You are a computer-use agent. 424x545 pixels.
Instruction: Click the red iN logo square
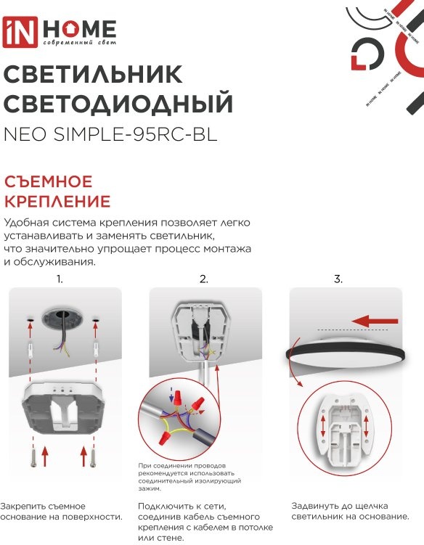click(x=20, y=32)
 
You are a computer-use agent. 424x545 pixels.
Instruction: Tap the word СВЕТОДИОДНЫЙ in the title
click(x=118, y=102)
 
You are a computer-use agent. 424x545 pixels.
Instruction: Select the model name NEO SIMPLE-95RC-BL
click(x=110, y=134)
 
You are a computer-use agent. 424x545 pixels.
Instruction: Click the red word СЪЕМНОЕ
click(x=49, y=181)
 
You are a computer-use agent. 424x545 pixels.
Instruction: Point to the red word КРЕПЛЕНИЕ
click(x=57, y=201)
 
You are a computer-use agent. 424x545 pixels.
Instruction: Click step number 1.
click(x=60, y=279)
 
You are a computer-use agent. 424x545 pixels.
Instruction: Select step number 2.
click(x=204, y=279)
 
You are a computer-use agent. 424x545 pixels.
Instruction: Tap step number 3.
click(x=338, y=279)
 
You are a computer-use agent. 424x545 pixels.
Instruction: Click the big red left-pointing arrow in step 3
click(x=374, y=321)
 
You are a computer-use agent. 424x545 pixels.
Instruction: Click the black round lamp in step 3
click(x=346, y=354)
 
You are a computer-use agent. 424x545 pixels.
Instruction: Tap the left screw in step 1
click(x=33, y=458)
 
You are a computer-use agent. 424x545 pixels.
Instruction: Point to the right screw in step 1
click(x=92, y=458)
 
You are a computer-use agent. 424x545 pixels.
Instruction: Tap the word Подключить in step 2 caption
click(x=166, y=507)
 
